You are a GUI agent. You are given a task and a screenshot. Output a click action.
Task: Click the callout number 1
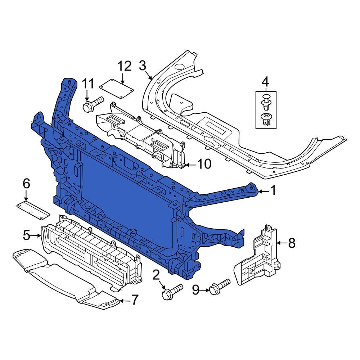(x=273, y=190)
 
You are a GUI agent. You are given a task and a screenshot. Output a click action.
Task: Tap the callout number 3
(x=143, y=66)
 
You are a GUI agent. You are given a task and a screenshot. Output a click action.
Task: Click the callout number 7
(x=134, y=300)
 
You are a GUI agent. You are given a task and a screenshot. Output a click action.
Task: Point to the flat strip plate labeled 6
(x=33, y=210)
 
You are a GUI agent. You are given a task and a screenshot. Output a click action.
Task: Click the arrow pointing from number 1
(x=263, y=192)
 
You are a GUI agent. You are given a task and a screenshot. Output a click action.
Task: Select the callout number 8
(x=291, y=243)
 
